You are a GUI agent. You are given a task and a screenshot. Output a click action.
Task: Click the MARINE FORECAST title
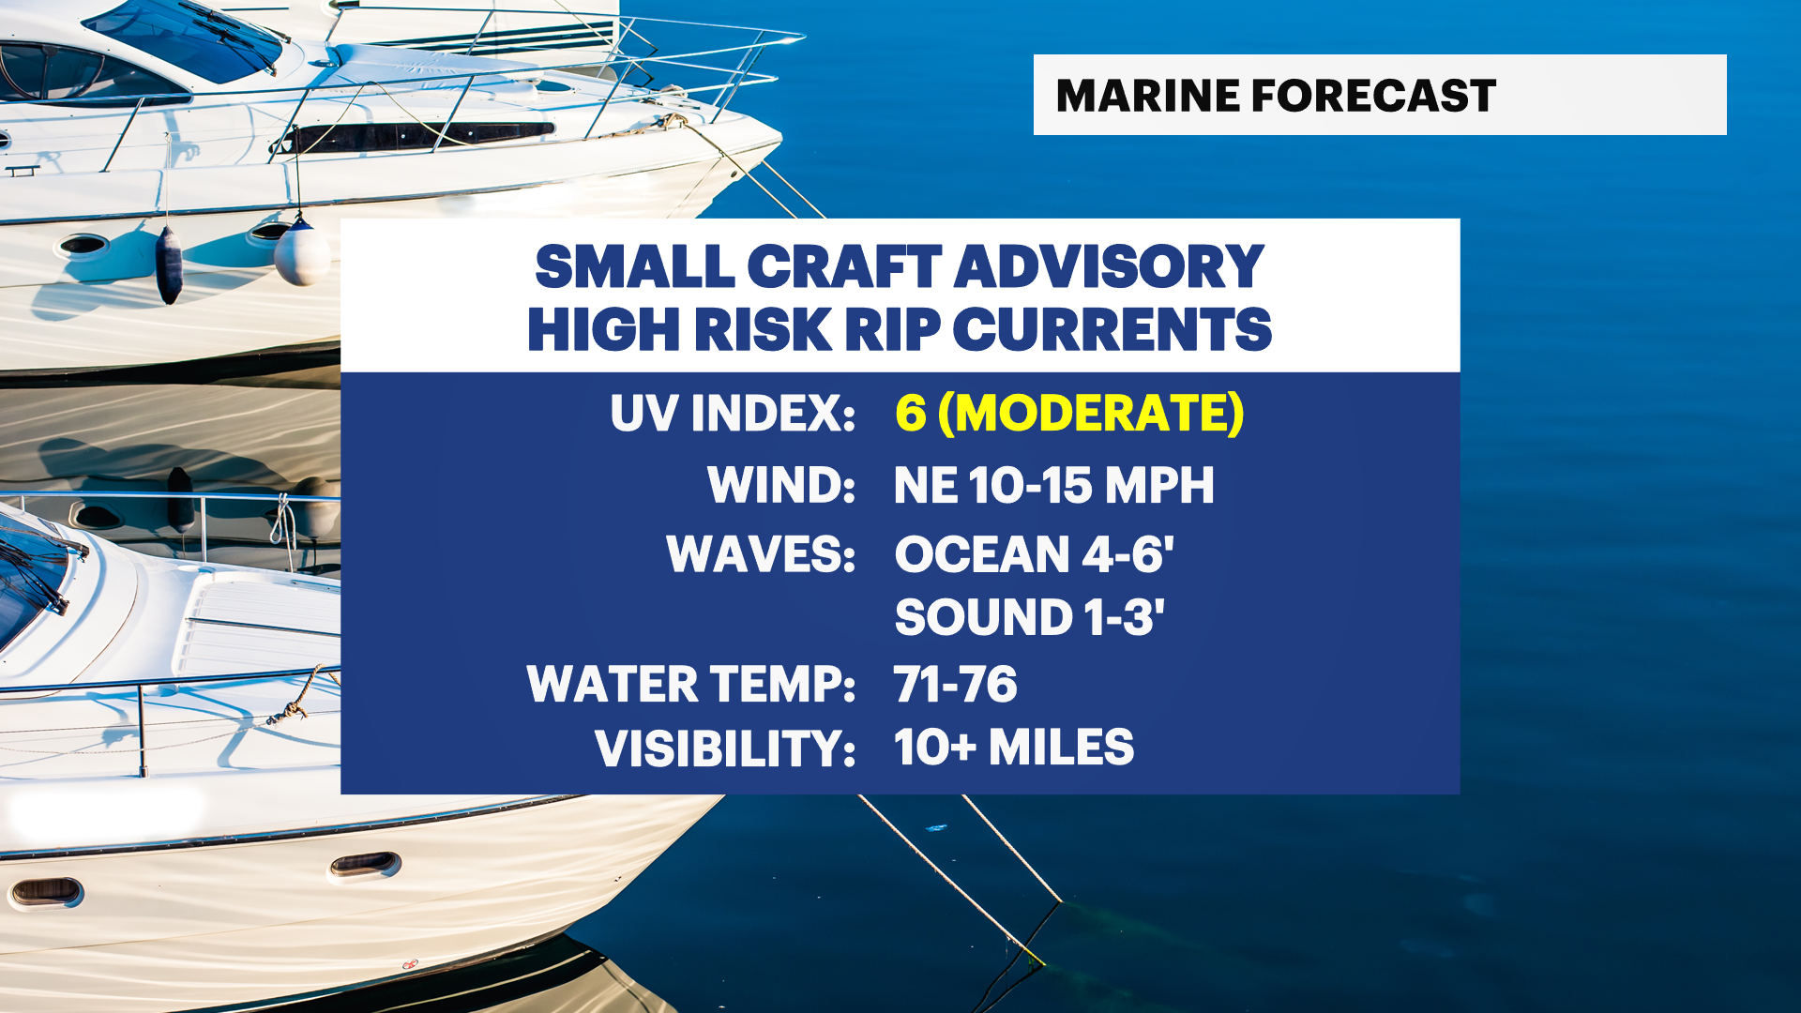point(1276,96)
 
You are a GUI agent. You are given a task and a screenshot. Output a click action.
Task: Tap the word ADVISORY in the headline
point(1110,266)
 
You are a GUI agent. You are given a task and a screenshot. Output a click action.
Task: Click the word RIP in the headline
point(893,329)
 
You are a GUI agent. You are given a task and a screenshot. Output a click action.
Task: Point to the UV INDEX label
point(733,413)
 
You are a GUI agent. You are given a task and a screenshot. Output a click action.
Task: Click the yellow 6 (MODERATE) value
point(1069,413)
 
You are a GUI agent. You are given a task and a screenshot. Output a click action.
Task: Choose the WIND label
point(781,485)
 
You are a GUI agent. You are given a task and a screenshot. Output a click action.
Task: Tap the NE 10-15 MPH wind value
point(1053,485)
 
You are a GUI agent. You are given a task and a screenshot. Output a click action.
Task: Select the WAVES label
point(761,553)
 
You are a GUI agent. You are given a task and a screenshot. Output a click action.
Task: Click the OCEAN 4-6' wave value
point(1034,553)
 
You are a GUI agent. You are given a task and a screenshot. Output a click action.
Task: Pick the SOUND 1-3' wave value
point(1029,617)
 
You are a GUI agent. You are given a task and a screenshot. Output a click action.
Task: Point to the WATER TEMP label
point(691,684)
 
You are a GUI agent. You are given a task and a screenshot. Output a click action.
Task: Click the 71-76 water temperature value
point(956,684)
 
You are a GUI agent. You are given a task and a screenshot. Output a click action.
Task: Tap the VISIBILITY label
point(725,748)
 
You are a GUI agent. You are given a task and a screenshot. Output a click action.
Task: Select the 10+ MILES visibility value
point(1014,748)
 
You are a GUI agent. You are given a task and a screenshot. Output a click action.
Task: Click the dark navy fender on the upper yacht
point(169,265)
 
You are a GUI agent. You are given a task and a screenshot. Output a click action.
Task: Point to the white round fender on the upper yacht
point(302,251)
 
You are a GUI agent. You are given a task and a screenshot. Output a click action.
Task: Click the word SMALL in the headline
point(635,266)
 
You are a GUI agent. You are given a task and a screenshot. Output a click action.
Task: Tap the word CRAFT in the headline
point(844,266)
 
